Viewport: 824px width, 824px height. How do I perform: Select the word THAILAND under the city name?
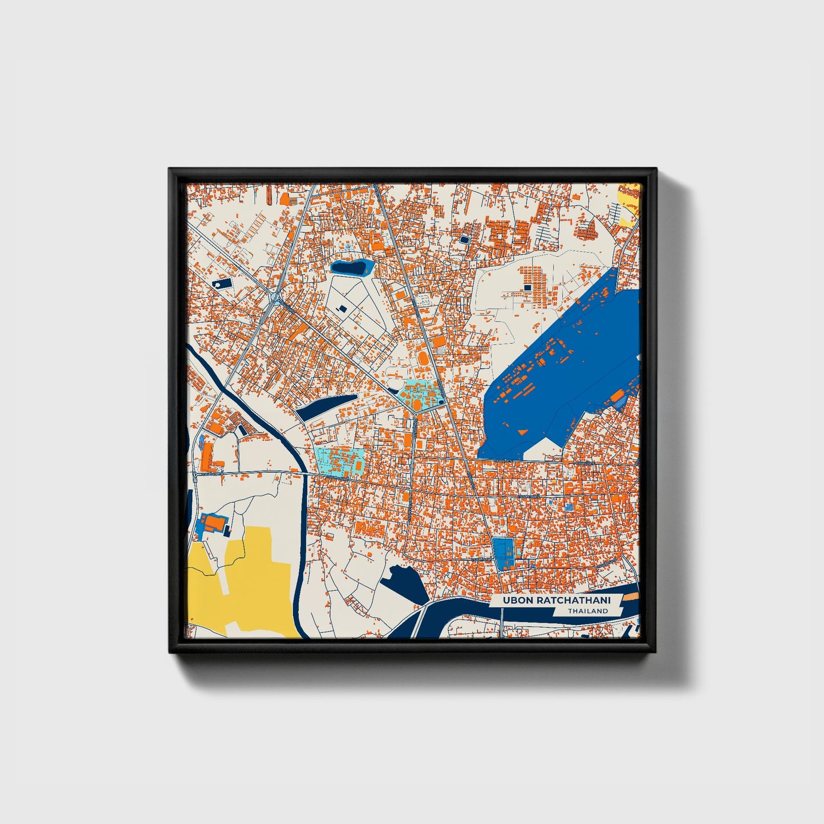(587, 611)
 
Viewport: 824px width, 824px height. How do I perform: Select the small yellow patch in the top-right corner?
(630, 202)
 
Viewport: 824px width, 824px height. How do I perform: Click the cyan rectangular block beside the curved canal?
(340, 461)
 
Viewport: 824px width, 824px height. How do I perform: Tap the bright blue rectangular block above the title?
(502, 551)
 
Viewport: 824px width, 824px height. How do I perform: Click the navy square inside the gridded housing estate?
(527, 287)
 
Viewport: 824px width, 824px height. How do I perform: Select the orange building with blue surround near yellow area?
(214, 523)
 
